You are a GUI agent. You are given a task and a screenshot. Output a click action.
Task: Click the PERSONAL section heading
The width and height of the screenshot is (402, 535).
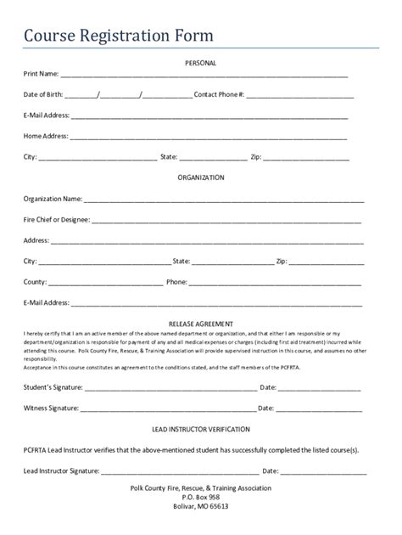(201, 63)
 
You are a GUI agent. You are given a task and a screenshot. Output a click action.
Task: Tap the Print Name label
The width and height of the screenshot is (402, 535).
(41, 74)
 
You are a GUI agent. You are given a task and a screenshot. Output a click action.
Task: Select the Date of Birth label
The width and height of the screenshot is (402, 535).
(43, 94)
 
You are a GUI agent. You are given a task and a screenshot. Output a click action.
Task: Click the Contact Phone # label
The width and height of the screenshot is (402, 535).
(220, 94)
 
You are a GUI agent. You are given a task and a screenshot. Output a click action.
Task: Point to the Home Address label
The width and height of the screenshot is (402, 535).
(46, 136)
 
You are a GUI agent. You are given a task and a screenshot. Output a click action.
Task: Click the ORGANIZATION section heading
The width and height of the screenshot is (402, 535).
(201, 177)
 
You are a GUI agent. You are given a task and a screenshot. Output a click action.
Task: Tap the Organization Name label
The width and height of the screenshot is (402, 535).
(53, 199)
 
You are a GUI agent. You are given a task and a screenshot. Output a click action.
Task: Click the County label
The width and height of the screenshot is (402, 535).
(35, 281)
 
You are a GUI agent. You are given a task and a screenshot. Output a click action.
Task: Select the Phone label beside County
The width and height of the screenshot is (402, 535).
(176, 281)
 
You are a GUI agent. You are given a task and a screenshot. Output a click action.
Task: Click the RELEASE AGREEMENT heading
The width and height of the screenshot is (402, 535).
(201, 324)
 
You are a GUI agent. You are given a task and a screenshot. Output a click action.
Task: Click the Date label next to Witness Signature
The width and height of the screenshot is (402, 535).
(268, 408)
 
